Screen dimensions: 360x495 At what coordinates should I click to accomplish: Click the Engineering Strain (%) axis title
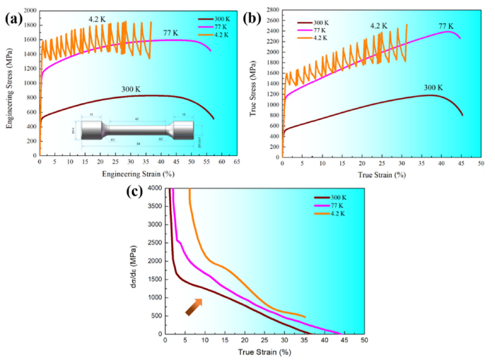tap(136, 174)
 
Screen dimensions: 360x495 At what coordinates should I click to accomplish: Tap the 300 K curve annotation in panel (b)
tap(433, 88)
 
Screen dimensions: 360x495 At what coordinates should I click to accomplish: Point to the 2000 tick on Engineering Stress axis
tap(29, 11)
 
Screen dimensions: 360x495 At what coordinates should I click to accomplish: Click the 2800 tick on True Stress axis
tap(272, 11)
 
